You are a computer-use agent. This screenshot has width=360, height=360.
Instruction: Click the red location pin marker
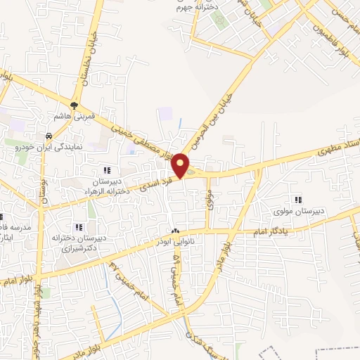[x=181, y=166]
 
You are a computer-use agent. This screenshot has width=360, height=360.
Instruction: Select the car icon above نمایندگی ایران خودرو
[x=48, y=136]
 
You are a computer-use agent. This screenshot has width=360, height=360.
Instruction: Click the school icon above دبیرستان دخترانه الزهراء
[x=106, y=170]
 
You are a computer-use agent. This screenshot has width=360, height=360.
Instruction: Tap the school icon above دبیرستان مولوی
[x=299, y=200]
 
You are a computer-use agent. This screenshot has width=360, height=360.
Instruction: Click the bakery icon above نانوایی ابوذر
[x=175, y=231]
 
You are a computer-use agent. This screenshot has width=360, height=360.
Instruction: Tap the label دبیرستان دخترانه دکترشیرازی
[x=79, y=243]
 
